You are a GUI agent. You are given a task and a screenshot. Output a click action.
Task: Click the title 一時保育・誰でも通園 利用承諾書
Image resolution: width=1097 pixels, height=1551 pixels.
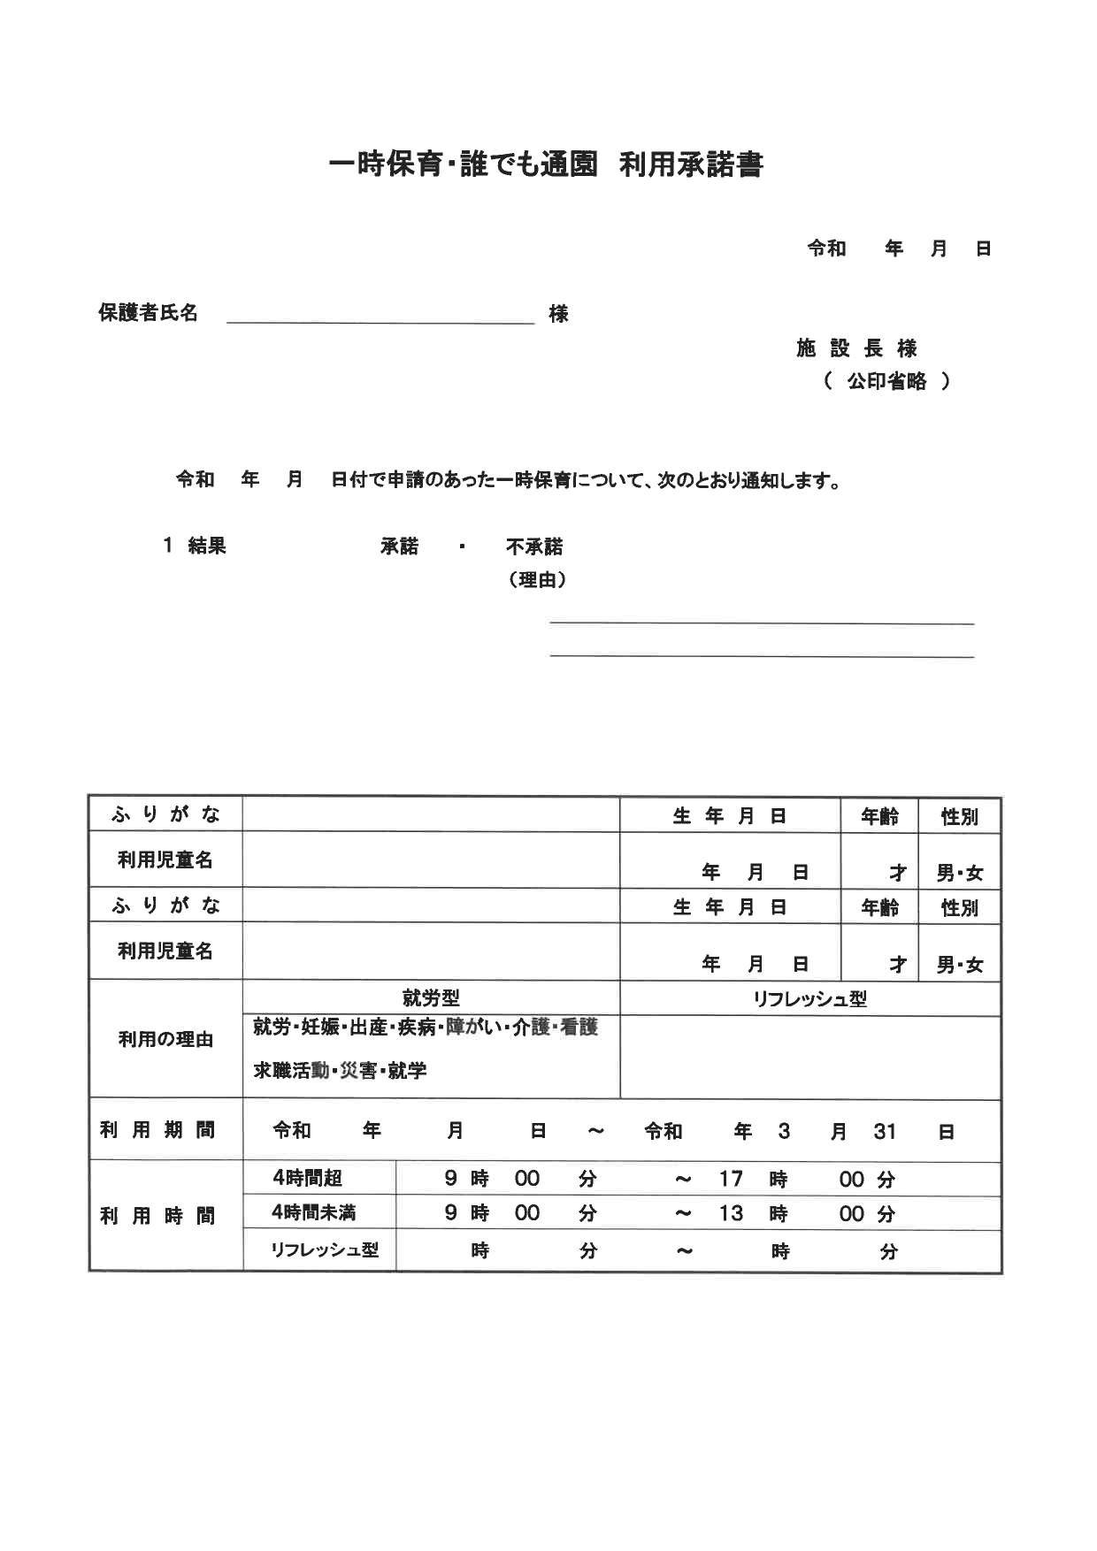coord(545,165)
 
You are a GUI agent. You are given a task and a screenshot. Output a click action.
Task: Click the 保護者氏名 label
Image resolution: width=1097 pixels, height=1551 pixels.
coord(148,313)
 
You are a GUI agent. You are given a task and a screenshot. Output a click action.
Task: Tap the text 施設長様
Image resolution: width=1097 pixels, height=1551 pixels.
coord(855,348)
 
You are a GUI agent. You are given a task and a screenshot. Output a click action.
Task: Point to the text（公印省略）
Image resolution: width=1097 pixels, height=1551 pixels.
coord(886,382)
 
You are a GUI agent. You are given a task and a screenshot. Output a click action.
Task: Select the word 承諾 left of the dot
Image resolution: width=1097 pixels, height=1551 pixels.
coord(399,546)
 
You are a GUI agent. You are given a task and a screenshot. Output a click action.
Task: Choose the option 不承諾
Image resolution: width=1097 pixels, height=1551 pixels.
coord(534,547)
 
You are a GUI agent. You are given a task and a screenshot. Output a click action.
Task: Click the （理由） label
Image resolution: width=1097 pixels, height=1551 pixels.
coord(537,580)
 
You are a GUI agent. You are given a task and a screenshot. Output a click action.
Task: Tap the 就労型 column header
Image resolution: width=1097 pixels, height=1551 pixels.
coord(431,998)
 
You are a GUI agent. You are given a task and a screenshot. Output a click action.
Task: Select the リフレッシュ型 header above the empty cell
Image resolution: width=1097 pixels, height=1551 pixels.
coord(809,999)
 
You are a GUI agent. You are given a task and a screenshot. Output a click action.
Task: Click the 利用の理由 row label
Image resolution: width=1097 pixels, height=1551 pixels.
coord(165,1039)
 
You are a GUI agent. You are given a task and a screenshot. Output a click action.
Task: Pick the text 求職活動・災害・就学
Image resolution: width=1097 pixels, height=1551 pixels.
coord(340,1071)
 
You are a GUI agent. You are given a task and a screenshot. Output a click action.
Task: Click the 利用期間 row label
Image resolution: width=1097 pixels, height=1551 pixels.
coord(157,1130)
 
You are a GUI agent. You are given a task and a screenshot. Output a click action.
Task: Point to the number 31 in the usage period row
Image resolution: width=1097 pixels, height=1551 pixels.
coord(885,1132)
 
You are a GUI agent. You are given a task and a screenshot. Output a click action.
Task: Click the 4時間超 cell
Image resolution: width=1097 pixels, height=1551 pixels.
coord(307,1179)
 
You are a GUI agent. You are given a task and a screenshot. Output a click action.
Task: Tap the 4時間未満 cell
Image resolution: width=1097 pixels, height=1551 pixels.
coord(313,1213)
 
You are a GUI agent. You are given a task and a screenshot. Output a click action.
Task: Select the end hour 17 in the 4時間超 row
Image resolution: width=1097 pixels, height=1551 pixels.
coord(731,1179)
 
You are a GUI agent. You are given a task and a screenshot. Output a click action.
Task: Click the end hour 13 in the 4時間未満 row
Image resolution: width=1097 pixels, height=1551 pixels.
coord(731,1213)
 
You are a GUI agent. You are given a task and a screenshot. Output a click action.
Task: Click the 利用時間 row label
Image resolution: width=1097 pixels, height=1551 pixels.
coord(157,1217)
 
